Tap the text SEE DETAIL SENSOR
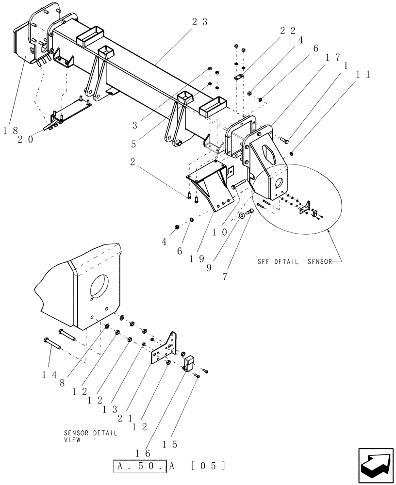[295, 261]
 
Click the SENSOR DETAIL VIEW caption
[90, 436]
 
